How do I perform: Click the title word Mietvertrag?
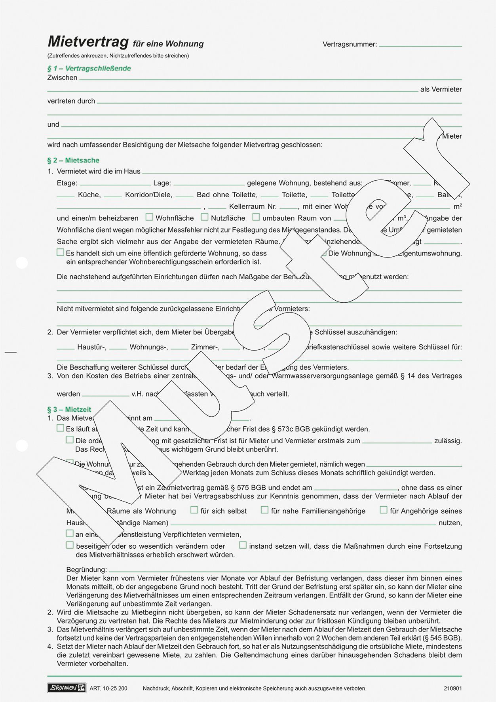pos(88,42)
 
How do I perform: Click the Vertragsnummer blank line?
pos(420,45)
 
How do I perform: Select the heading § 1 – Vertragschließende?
pos(89,69)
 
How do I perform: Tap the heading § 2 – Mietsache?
pos(73,160)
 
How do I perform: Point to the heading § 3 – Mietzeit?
pos(69,410)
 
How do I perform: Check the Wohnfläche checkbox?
pos(149,217)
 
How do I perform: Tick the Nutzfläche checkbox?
pos(205,217)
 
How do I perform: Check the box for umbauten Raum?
pos(256,217)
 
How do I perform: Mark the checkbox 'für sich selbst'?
pos(194,510)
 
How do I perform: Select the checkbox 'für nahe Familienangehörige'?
pos(264,510)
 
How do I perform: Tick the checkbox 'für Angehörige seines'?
pos(383,510)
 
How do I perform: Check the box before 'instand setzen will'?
pos(243,545)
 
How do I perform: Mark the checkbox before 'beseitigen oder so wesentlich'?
pos(70,545)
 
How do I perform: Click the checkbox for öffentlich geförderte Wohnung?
pos(60,252)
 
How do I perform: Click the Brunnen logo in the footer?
pos(66,688)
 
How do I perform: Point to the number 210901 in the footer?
pos(452,688)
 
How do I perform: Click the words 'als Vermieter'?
pos(441,90)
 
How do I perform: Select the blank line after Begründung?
pos(285,571)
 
